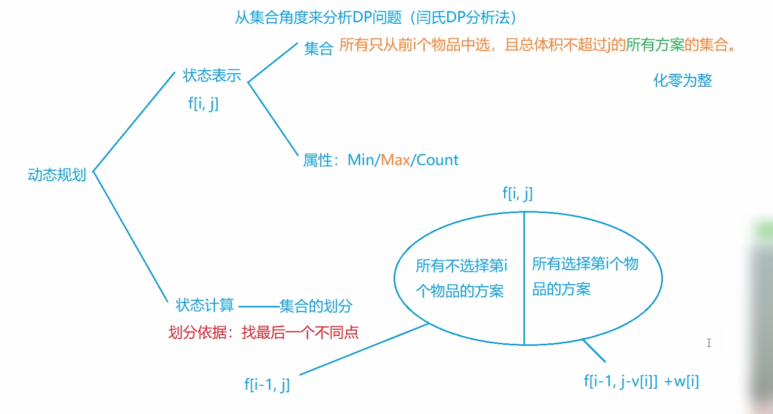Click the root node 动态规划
point(57,175)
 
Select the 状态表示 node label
point(212,75)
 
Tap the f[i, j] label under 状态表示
point(203,103)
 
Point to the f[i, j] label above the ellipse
point(517,193)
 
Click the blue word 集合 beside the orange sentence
point(318,48)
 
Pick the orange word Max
point(395,160)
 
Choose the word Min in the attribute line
point(361,160)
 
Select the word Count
point(438,160)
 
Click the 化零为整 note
point(683,80)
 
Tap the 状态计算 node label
point(205,305)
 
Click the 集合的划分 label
point(316,305)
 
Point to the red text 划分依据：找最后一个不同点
point(263,332)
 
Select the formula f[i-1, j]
point(267,385)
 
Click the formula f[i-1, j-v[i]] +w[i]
point(641,381)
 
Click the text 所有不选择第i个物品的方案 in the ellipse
point(461,278)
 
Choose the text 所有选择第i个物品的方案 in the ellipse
point(585,276)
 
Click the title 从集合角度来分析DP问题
point(318,18)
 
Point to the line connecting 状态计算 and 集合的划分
point(258,306)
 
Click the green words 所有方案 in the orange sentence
point(655,45)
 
